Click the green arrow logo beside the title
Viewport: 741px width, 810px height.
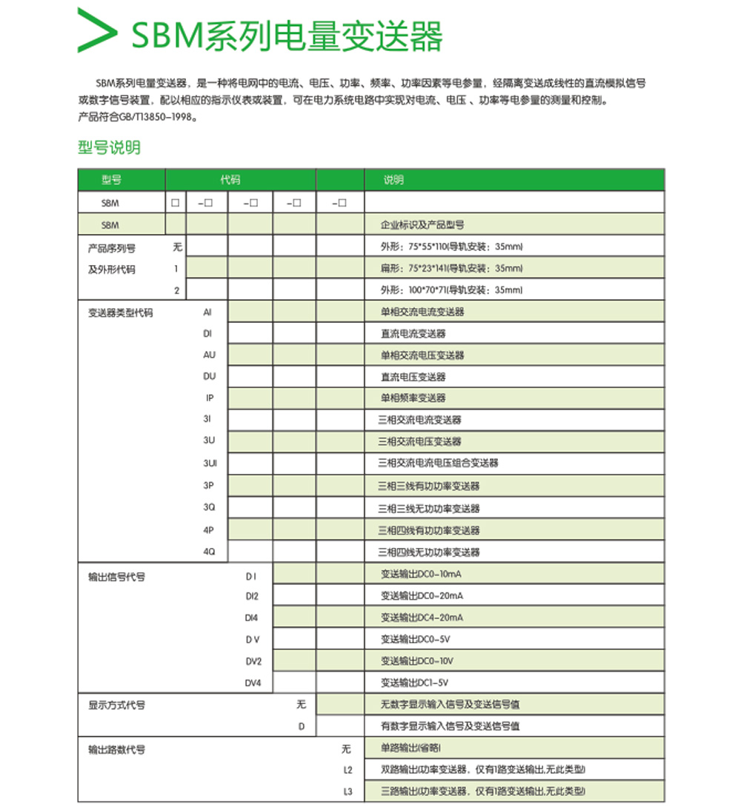[x=96, y=32]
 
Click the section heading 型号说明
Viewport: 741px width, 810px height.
[x=109, y=147]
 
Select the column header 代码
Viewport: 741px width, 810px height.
[x=230, y=180]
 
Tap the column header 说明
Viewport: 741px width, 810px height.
[x=393, y=180]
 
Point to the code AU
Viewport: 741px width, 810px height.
[x=210, y=355]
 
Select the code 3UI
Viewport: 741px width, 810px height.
[x=210, y=463]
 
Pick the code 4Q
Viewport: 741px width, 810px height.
[x=210, y=552]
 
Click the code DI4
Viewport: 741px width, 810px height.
[x=252, y=617]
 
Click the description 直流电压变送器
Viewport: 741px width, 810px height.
[x=413, y=377]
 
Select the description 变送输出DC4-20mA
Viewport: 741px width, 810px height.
[x=422, y=617]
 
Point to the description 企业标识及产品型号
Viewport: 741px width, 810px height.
[x=422, y=224]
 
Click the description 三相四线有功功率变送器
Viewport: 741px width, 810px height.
[x=429, y=530]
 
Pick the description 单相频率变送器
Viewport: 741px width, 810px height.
[x=413, y=398]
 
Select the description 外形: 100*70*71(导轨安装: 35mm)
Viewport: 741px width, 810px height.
[x=452, y=290]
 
